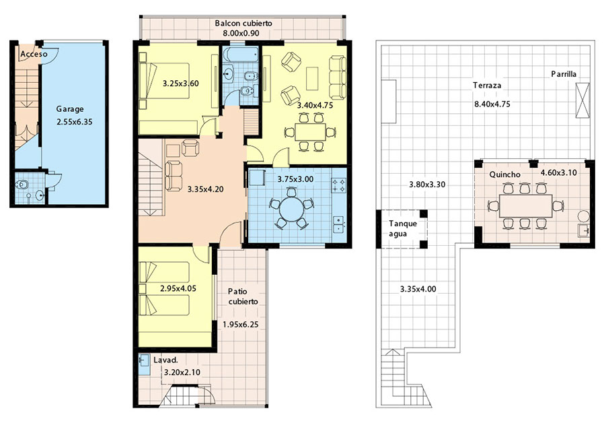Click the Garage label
pyautogui.click(x=70, y=110)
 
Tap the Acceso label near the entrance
pyautogui.click(x=34, y=54)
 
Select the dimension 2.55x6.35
pyautogui.click(x=75, y=122)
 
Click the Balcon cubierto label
pyautogui.click(x=243, y=23)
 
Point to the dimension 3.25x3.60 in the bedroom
pyautogui.click(x=181, y=84)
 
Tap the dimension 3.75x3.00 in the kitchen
pyautogui.click(x=295, y=179)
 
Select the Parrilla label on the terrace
pyautogui.click(x=564, y=74)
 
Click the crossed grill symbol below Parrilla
pyautogui.click(x=582, y=100)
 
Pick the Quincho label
pyautogui.click(x=504, y=174)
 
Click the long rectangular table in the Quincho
pyautogui.click(x=526, y=206)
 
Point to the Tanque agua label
pyautogui.click(x=402, y=228)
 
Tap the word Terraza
pyautogui.click(x=487, y=86)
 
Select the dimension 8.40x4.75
pyautogui.click(x=492, y=104)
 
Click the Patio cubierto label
pyautogui.click(x=243, y=296)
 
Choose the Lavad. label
pyautogui.click(x=165, y=360)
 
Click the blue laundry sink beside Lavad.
pyautogui.click(x=144, y=364)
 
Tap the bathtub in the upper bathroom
pyautogui.click(x=241, y=55)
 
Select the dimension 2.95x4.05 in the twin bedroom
pyautogui.click(x=178, y=288)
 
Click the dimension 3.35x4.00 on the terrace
pyautogui.click(x=418, y=289)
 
